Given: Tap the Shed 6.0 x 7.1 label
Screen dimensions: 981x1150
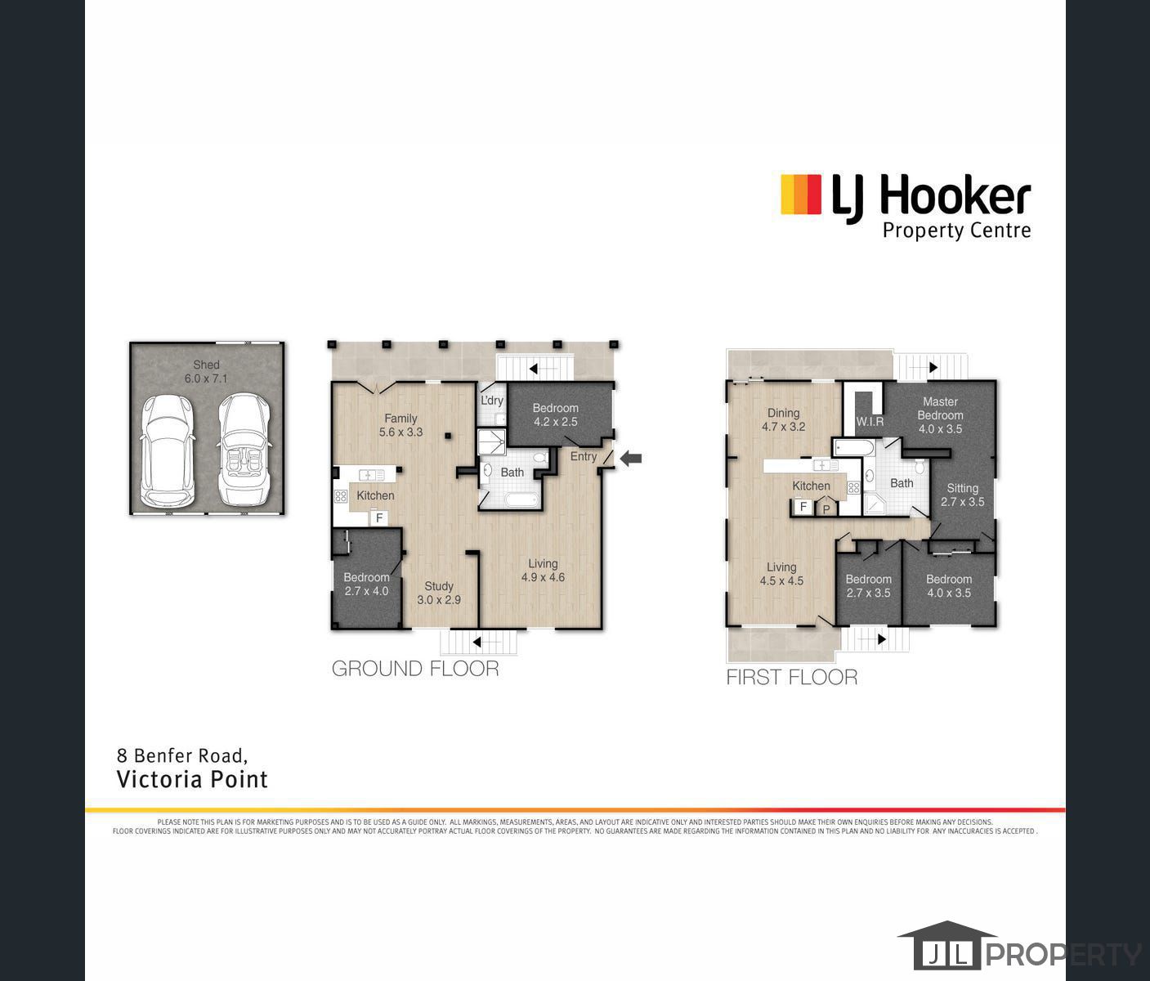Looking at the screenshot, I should click(x=206, y=372).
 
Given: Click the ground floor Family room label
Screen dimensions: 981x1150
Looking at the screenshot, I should click(x=400, y=425).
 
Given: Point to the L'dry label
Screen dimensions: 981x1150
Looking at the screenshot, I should click(x=492, y=401).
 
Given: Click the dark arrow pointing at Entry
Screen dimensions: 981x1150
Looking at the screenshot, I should click(x=631, y=459).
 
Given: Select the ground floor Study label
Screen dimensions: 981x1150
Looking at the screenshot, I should click(x=439, y=593).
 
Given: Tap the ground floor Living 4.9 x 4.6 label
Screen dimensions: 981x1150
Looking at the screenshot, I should click(x=543, y=570).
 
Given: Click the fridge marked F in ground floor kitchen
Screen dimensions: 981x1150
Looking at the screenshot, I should click(x=379, y=517).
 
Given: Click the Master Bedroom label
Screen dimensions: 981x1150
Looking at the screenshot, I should click(x=940, y=414).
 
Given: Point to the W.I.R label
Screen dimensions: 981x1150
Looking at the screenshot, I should click(x=870, y=422).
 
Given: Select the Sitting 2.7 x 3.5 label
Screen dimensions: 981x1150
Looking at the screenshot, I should click(x=962, y=495).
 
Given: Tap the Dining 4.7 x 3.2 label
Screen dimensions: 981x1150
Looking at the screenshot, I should click(x=783, y=419).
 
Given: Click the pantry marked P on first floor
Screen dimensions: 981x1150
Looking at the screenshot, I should click(x=826, y=508).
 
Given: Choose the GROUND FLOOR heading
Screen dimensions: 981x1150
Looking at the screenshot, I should click(x=415, y=669).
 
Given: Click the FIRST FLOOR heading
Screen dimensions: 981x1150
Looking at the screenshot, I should click(x=791, y=678).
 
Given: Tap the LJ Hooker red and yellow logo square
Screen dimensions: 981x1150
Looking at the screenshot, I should click(x=800, y=195).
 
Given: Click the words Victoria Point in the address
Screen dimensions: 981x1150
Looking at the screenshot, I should click(x=192, y=779).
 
